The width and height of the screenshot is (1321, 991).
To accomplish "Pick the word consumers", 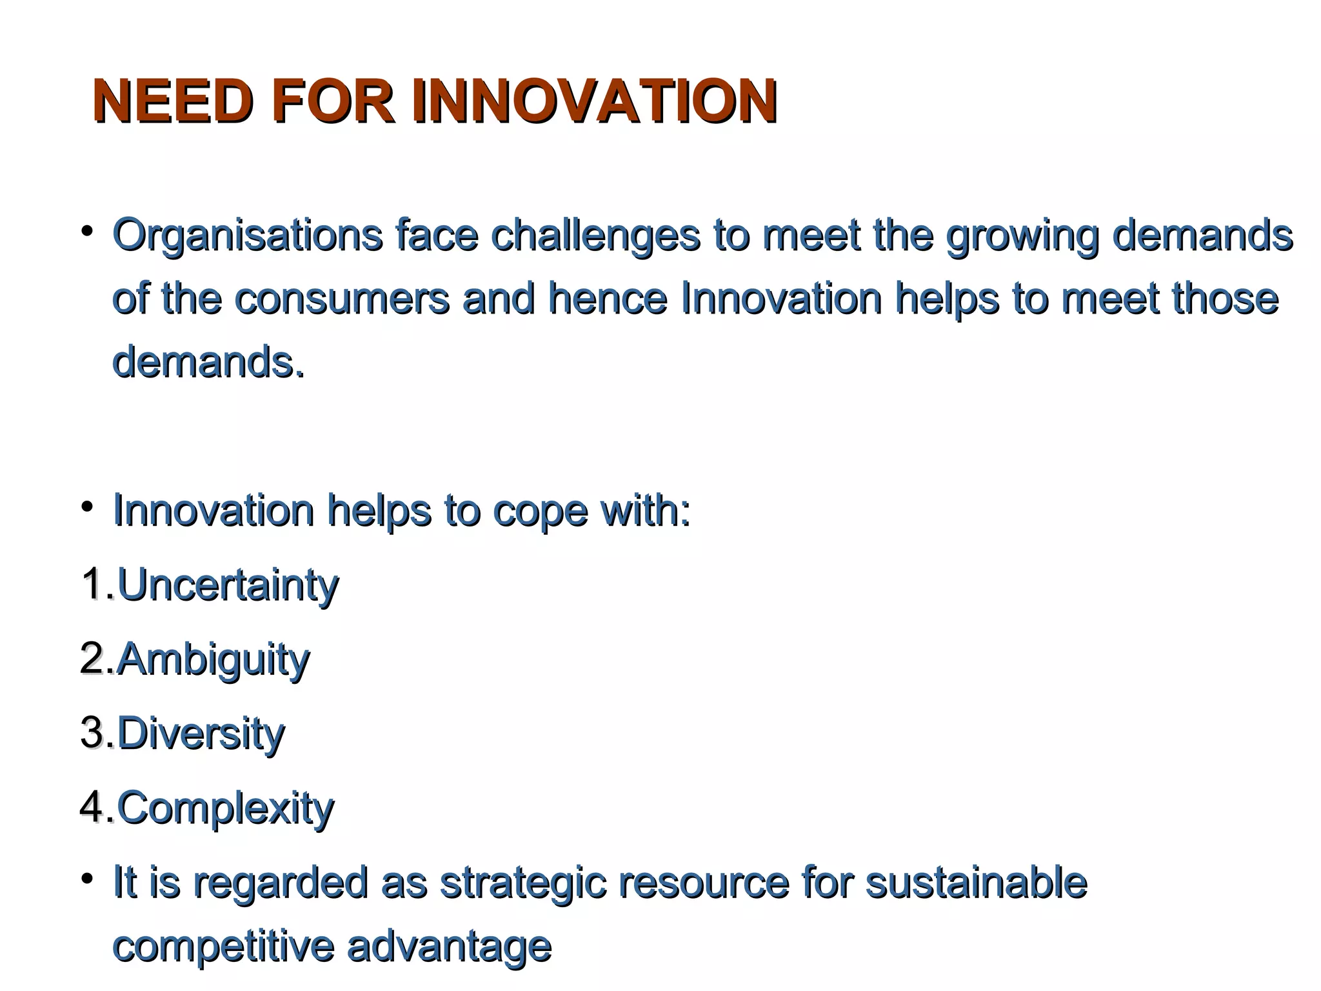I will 342,299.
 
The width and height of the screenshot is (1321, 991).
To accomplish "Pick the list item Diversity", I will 201,734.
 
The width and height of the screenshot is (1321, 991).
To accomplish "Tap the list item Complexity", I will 225,808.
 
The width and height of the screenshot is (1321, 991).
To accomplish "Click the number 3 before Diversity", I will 92,733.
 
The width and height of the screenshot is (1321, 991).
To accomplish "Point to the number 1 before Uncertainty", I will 92,585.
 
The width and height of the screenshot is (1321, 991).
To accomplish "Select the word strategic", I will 522,883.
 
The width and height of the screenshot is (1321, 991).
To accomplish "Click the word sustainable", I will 976,883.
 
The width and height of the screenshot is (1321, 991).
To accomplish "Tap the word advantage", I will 449,947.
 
